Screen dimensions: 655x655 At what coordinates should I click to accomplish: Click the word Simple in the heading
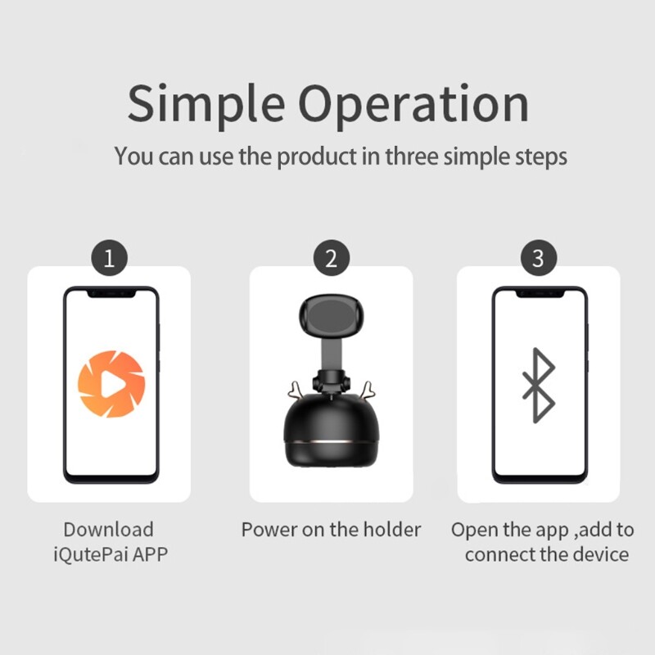206,106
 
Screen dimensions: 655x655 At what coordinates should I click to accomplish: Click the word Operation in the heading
413,106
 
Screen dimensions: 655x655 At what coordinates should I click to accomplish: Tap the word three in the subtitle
412,156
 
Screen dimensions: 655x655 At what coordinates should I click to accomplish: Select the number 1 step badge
110,258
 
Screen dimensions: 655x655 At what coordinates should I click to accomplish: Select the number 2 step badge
332,258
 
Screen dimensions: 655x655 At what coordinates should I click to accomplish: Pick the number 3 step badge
539,258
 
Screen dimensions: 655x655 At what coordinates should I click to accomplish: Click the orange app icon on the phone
111,384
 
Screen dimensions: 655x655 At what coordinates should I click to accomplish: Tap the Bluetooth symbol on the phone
539,385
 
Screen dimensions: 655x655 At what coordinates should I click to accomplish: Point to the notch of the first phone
111,294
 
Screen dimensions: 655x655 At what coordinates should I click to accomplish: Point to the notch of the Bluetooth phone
540,294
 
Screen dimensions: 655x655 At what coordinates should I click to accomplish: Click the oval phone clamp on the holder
332,316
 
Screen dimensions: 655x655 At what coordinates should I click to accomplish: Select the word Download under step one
109,530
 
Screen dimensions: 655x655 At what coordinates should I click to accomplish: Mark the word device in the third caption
601,554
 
